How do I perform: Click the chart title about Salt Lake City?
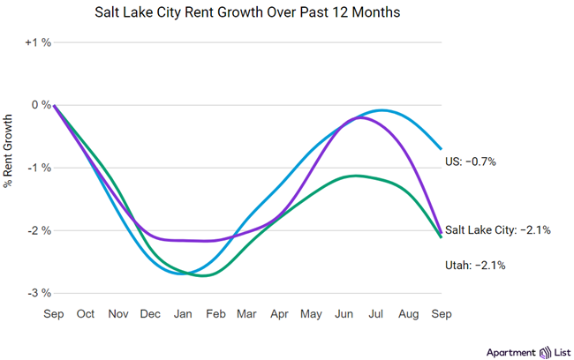tap(287, 14)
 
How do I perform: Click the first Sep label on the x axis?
tap(55, 313)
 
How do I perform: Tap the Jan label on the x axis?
tap(183, 313)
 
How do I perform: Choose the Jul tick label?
tap(376, 313)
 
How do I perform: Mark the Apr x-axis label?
tap(280, 313)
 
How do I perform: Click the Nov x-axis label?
tap(119, 313)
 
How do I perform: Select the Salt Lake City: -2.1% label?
tap(498, 230)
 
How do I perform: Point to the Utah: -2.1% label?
tap(474, 264)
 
